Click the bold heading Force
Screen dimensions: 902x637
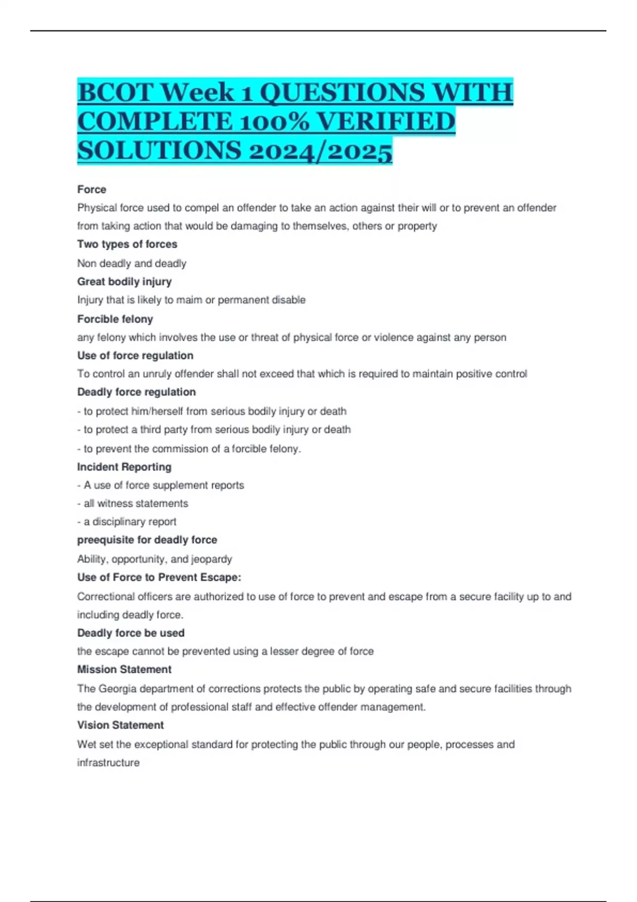91,189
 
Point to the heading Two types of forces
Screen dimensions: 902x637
127,244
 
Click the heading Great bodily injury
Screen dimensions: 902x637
124,282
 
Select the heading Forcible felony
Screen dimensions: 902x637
115,319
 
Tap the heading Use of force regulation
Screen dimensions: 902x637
135,355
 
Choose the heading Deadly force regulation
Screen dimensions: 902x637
136,392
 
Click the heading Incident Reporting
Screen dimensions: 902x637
124,467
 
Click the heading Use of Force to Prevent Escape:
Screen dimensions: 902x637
159,577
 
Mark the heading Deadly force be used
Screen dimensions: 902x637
131,633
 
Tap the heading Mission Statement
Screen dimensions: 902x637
124,670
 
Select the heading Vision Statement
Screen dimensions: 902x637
120,725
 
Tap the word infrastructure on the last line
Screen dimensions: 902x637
108,763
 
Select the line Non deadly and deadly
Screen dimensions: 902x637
132,264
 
